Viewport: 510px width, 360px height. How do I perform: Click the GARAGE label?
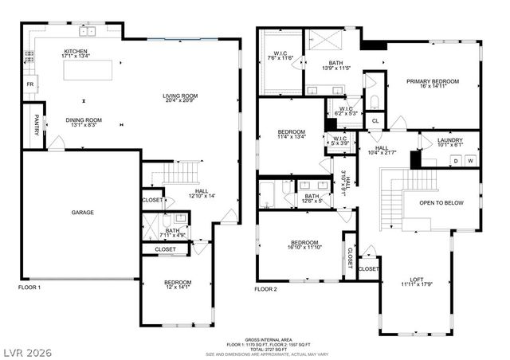point(83,213)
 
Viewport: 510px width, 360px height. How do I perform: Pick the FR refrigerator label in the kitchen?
point(30,84)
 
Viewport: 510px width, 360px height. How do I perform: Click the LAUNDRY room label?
point(450,140)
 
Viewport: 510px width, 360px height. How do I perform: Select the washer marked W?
point(470,161)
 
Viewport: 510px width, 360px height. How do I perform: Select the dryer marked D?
point(455,161)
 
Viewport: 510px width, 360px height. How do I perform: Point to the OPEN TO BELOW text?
point(441,203)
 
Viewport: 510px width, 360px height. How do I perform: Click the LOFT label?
point(417,279)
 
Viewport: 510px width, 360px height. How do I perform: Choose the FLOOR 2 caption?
point(265,288)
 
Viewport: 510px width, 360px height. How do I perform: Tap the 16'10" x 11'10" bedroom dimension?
point(304,248)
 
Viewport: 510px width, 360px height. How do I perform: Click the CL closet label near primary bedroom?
point(375,121)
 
